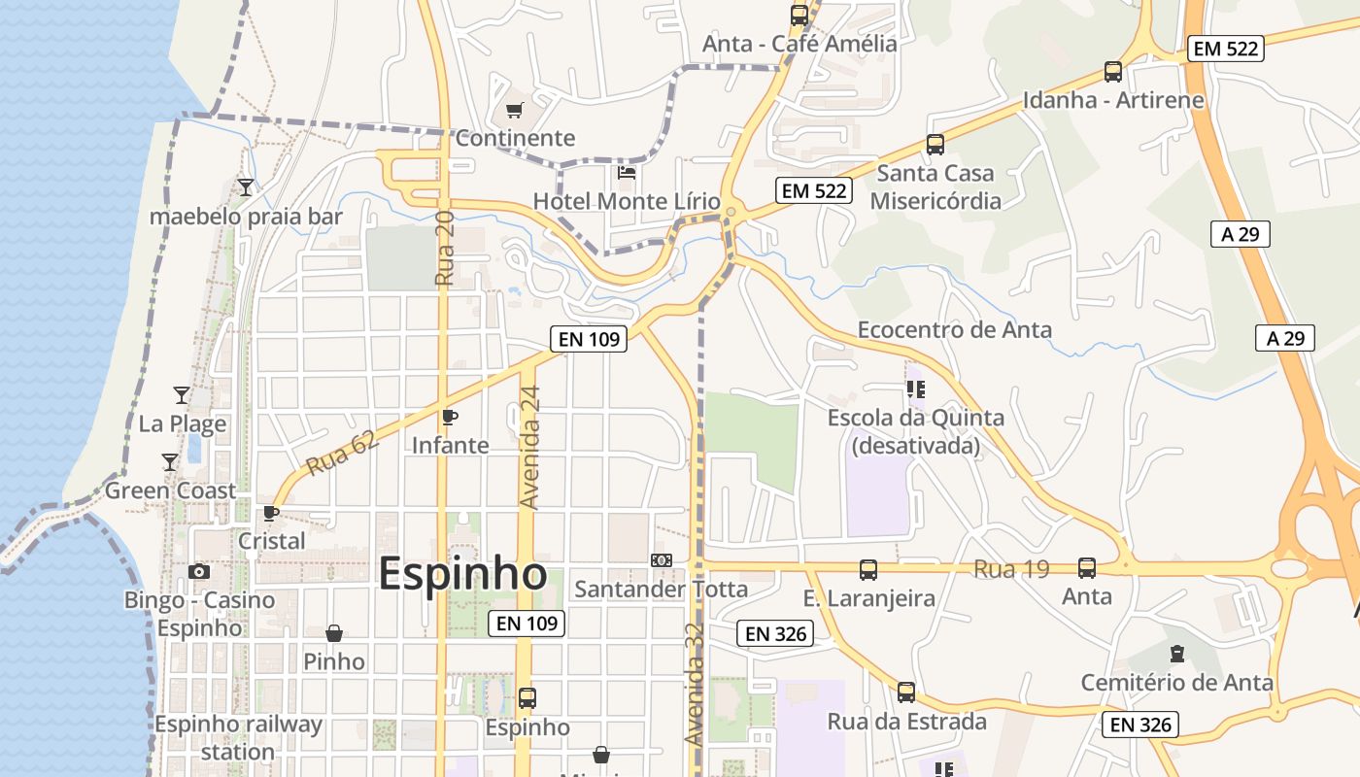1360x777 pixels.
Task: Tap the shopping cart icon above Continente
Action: pos(514,110)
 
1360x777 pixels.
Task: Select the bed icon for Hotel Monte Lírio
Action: pos(627,173)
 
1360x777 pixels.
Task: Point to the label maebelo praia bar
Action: pos(246,216)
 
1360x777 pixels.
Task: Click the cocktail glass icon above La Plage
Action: pos(182,394)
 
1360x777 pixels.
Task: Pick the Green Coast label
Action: pos(170,490)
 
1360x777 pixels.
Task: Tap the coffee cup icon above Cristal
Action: pos(271,513)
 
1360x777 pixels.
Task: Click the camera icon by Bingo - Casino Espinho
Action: pos(199,571)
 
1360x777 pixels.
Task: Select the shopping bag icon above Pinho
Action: pos(334,633)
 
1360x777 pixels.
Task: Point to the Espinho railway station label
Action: pos(238,738)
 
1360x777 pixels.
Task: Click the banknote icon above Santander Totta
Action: pos(662,560)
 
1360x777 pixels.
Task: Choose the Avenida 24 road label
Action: pos(529,448)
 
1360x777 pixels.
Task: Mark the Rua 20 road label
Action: pos(445,249)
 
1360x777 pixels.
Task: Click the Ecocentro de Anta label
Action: pos(954,330)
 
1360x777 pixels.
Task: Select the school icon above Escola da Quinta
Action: pos(915,389)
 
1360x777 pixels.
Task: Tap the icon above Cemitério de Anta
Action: pos(1177,653)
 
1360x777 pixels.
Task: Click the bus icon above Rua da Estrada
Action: pos(906,692)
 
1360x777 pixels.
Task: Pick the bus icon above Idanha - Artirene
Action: pos(1113,72)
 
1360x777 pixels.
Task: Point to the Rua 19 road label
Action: pos(1011,569)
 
